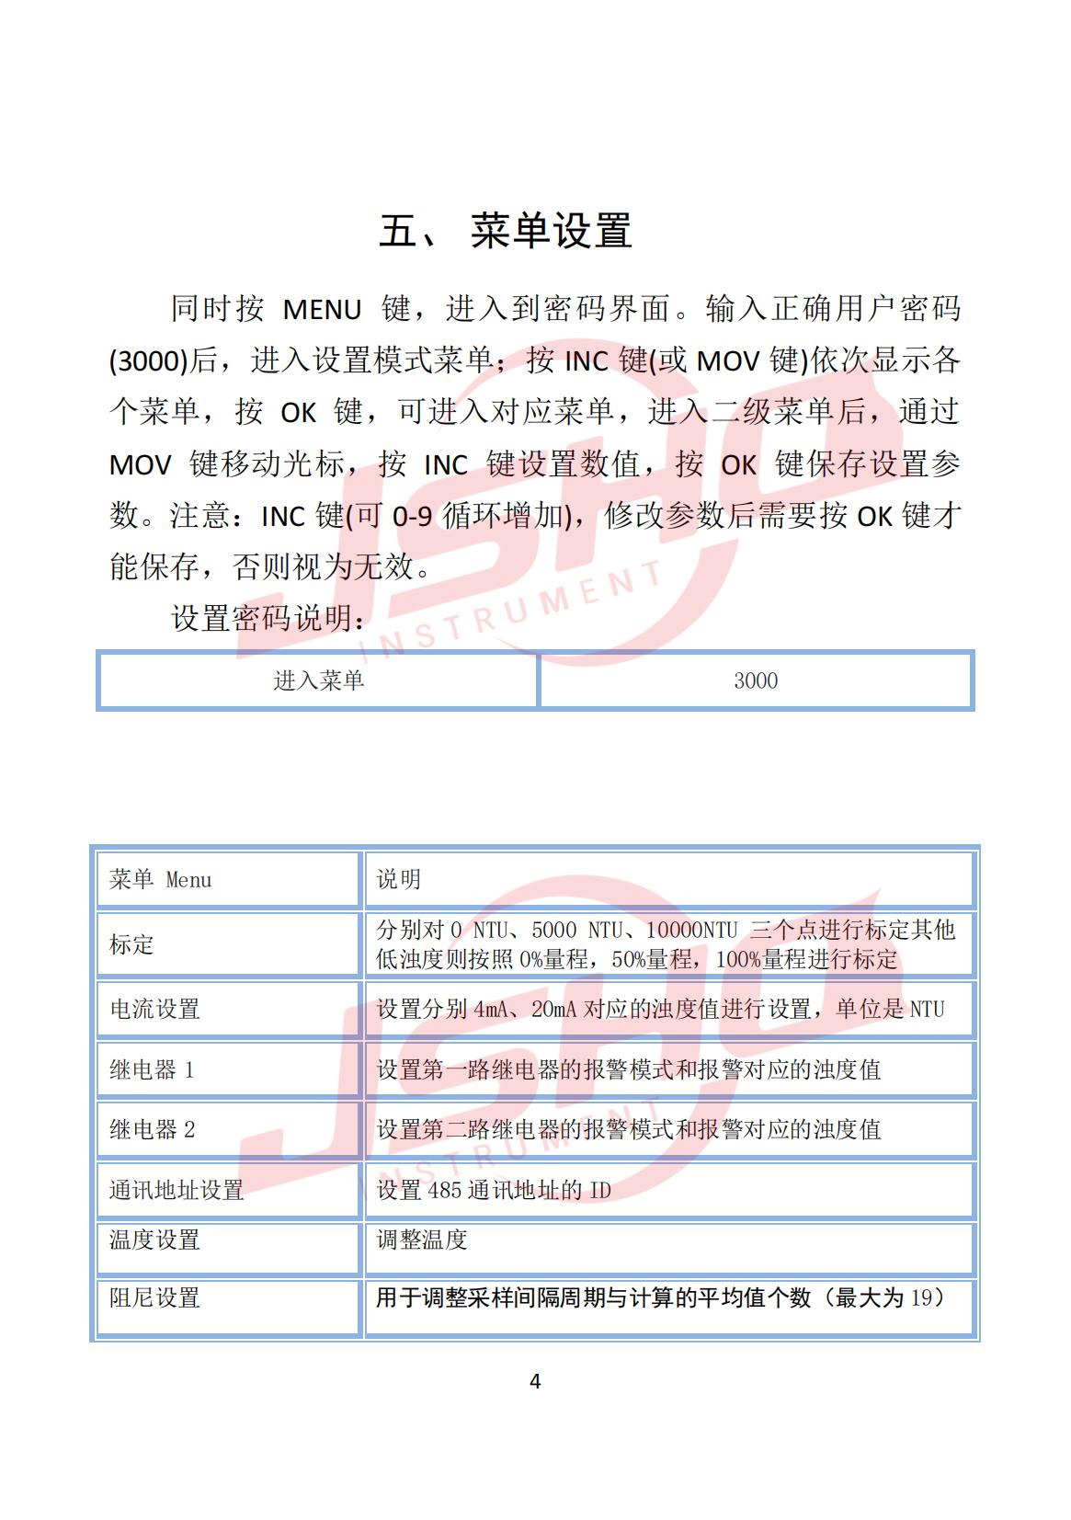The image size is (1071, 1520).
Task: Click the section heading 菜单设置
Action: [551, 231]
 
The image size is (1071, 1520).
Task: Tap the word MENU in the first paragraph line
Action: [322, 310]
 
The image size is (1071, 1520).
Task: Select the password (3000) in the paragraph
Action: [149, 361]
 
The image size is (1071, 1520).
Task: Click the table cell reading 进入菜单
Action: [318, 680]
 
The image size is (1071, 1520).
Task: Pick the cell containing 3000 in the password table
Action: [756, 680]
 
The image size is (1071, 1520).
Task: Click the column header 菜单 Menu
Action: [160, 880]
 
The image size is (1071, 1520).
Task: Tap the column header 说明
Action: [399, 880]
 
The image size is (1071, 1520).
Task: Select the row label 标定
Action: [132, 944]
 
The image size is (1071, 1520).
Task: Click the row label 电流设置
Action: [154, 1010]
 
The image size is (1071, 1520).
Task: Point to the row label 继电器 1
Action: [152, 1070]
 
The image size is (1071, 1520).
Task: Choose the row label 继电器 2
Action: [152, 1130]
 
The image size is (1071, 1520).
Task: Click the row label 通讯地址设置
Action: [177, 1191]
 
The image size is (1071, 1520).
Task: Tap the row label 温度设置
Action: [154, 1240]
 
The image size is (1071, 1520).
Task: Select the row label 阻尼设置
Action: [154, 1298]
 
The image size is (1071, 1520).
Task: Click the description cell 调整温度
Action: [422, 1240]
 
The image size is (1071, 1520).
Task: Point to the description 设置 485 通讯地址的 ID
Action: [494, 1191]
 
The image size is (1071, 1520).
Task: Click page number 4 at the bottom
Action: [536, 1381]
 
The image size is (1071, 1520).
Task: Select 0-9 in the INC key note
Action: [412, 517]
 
